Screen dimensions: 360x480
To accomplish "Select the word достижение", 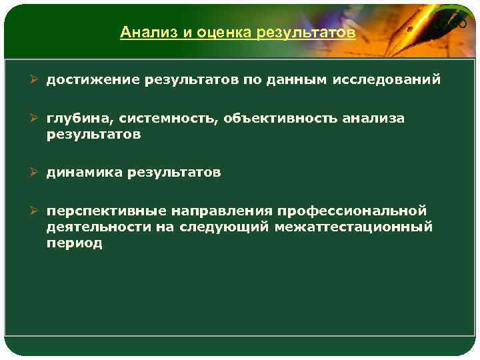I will [88, 80].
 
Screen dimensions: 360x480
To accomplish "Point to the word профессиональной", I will [352, 211].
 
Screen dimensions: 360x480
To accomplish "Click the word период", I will [74, 243].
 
